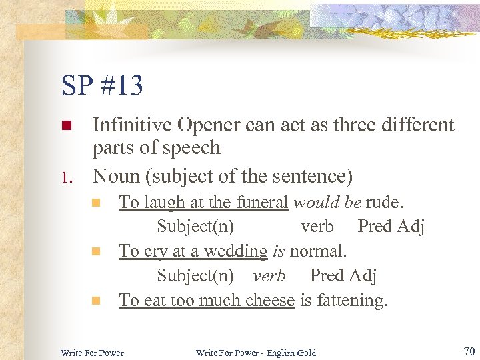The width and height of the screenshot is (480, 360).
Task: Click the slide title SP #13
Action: click(102, 85)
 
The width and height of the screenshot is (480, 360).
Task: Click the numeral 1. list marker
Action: click(65, 178)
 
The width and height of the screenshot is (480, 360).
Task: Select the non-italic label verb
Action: click(317, 227)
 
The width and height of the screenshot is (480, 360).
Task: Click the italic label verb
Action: click(269, 275)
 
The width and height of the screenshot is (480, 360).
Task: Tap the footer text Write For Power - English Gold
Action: click(256, 352)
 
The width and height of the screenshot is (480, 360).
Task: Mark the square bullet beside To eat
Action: click(96, 301)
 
